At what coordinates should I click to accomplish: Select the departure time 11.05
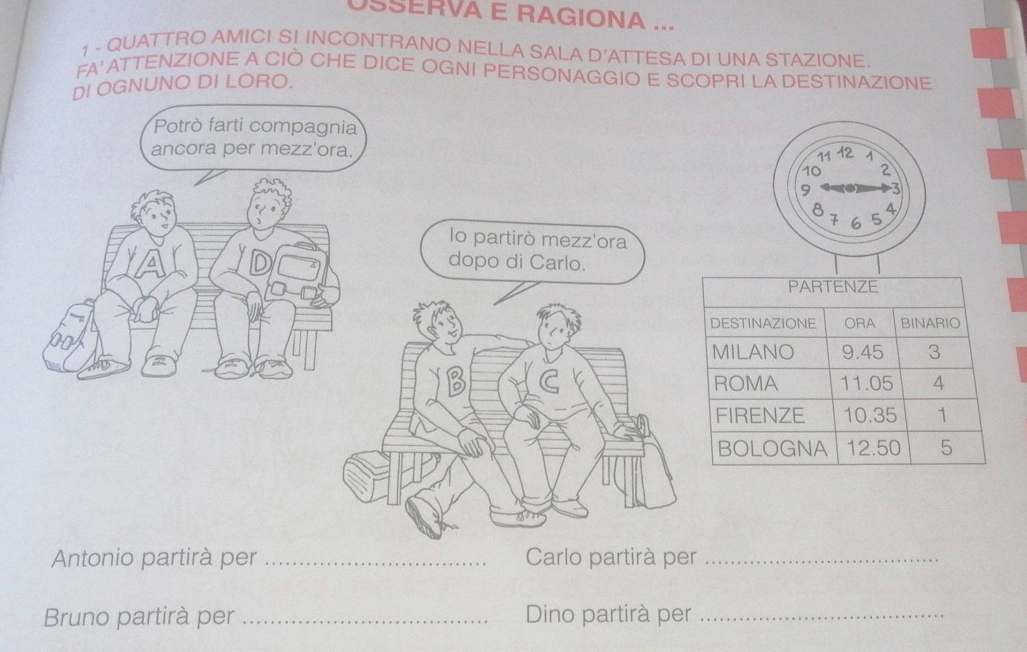coord(867,383)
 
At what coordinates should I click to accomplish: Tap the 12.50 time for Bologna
coord(873,448)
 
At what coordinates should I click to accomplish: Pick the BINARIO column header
coord(930,323)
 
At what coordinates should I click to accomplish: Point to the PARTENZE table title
coord(833,287)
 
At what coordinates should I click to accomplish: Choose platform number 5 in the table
coord(946,448)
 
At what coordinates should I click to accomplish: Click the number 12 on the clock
coord(846,153)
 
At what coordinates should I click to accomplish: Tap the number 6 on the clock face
coord(856,224)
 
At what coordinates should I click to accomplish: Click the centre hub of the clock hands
coord(849,188)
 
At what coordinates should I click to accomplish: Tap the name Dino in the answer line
coord(550,614)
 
